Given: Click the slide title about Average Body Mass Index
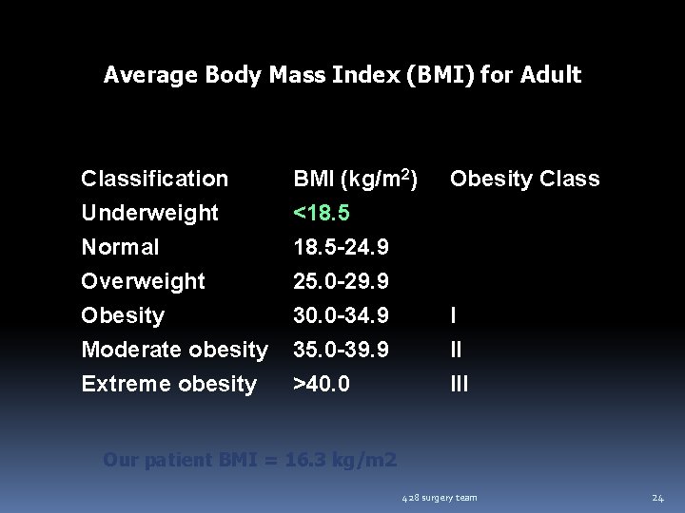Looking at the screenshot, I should [x=342, y=74].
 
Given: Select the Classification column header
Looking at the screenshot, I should [x=155, y=179].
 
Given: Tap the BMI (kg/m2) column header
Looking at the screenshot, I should [x=355, y=179].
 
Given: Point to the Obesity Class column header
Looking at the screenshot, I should [x=524, y=179].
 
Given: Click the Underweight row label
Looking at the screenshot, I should [x=150, y=213].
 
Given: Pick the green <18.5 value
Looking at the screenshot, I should [x=322, y=213].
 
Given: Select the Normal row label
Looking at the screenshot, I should [x=120, y=247].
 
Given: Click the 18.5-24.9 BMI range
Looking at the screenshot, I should [x=341, y=247].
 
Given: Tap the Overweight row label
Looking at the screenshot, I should [x=143, y=281].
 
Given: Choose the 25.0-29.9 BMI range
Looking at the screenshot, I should [x=341, y=281].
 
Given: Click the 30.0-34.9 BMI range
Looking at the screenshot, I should [x=341, y=315].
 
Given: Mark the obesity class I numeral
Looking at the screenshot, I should [x=453, y=315].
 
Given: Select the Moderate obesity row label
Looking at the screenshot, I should [x=174, y=350].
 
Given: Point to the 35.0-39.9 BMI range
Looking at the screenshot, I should [x=341, y=350].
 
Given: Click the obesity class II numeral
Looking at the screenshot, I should [x=456, y=350].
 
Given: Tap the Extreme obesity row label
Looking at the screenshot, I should [x=169, y=384].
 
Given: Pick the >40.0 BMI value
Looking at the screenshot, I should [x=322, y=384].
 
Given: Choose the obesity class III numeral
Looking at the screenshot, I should [x=459, y=384].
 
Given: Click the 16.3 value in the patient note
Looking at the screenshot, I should [x=310, y=461].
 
